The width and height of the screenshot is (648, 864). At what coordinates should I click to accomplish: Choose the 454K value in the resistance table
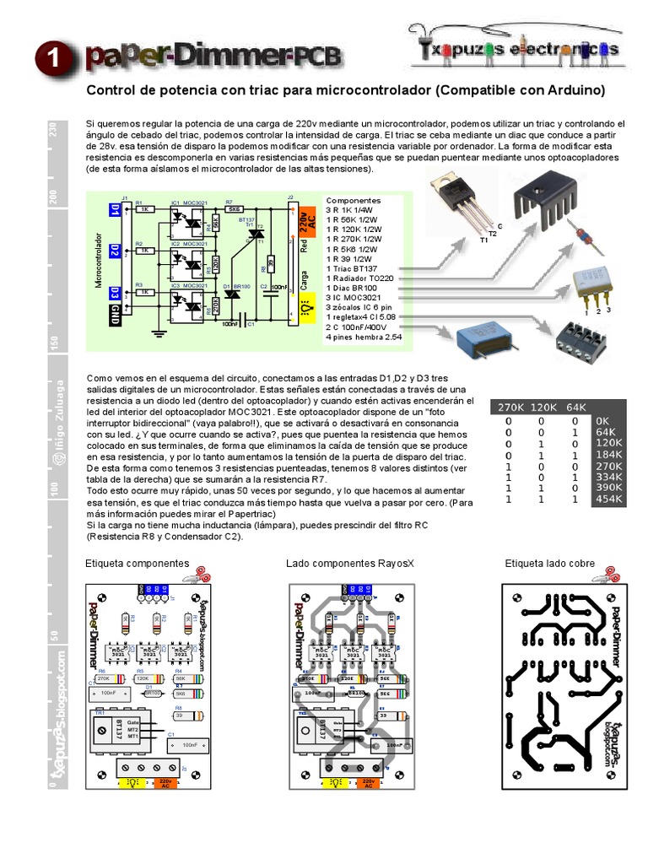[x=607, y=499]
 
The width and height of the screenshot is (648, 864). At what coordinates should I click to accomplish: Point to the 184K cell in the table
[x=607, y=454]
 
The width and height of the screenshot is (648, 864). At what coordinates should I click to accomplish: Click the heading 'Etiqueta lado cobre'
[x=549, y=563]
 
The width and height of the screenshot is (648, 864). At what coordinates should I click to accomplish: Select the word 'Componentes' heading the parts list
[x=354, y=201]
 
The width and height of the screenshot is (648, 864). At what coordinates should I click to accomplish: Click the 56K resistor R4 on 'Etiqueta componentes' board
[x=180, y=678]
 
